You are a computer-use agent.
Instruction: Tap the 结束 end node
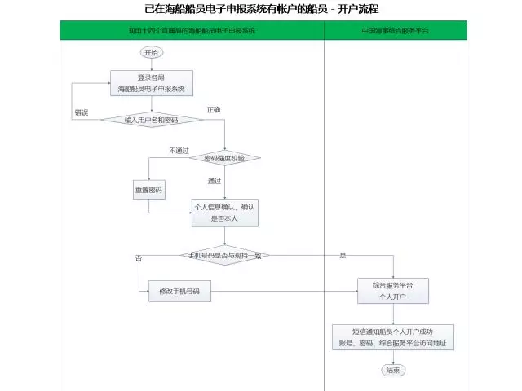tap(393, 370)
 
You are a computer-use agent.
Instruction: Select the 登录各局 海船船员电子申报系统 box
tap(151, 83)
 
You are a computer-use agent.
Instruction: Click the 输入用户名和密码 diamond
tap(152, 120)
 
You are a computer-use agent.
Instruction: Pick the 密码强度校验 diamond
tap(223, 158)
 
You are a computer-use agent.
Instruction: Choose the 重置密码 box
tap(148, 191)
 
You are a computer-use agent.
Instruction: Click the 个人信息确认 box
tap(223, 213)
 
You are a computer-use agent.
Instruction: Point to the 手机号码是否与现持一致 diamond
tap(224, 256)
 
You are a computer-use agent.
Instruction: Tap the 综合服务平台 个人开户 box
tap(393, 292)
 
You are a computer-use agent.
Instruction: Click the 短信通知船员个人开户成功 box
tap(393, 337)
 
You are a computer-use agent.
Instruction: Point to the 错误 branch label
tap(82, 112)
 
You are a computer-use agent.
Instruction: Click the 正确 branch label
tap(214, 108)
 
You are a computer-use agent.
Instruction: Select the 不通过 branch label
tap(179, 150)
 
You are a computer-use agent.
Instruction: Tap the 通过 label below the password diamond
tap(215, 181)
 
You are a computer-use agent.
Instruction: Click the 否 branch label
tap(139, 257)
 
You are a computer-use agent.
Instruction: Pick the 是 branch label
tap(343, 256)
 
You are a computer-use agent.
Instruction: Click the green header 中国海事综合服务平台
tap(396, 30)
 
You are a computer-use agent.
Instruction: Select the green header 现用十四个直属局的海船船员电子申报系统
tap(192, 30)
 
